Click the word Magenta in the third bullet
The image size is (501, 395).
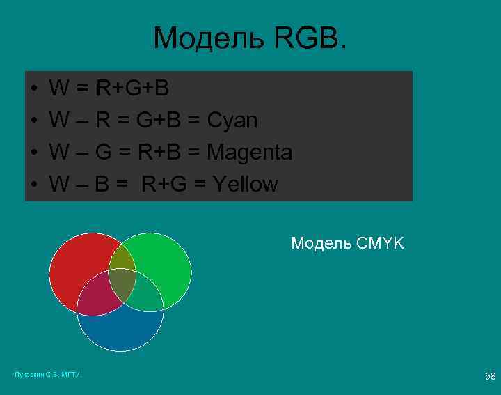250,152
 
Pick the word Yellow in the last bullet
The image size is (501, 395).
246,184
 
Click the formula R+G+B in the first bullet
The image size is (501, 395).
132,88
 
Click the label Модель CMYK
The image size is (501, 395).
347,243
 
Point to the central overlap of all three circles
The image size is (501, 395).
122,282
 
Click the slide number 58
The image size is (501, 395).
490,376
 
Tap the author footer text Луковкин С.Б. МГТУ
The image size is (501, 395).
48,375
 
